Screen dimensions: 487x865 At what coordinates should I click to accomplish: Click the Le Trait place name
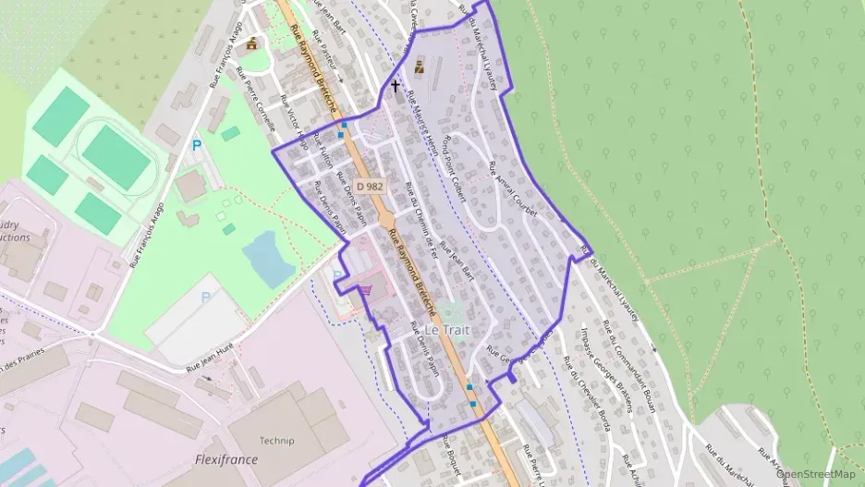447,330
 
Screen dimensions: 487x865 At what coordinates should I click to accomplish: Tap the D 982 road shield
369,186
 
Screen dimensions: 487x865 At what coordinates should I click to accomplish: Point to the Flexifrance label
225,459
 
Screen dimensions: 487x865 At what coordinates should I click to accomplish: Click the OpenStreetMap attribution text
816,474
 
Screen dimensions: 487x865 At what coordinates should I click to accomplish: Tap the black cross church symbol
396,86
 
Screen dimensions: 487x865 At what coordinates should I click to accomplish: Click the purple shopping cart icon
367,290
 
